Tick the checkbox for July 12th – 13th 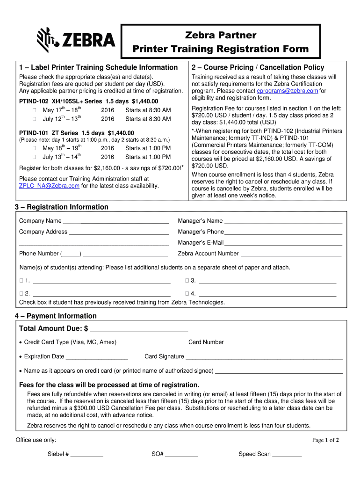[x=35, y=119]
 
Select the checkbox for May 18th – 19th [x=35, y=148]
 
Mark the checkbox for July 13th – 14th [x=35, y=157]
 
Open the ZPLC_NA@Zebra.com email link [x=49, y=186]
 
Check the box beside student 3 [x=187, y=281]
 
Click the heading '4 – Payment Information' [x=56, y=316]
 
